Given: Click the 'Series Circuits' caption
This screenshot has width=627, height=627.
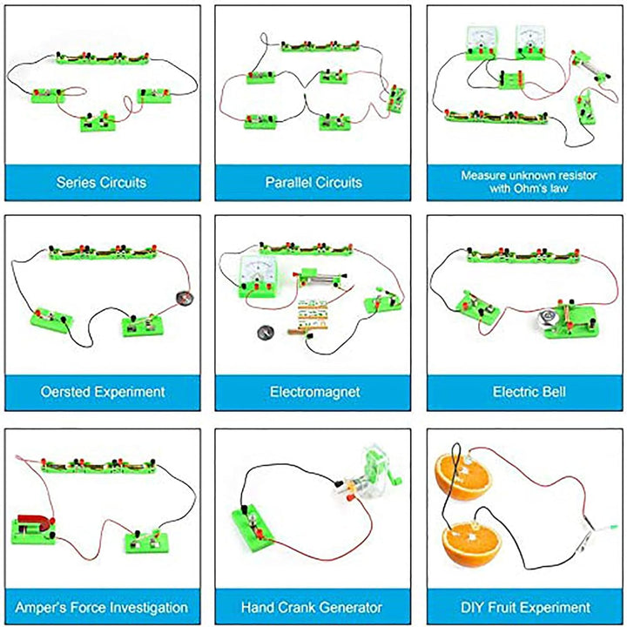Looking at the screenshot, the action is point(101,182).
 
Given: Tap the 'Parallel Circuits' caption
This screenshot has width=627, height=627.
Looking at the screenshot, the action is point(313,182).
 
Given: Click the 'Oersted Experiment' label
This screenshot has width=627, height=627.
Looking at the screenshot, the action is point(103,392).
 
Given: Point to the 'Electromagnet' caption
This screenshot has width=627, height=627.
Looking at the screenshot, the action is point(314,392).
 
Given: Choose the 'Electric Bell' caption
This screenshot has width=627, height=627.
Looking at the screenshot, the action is point(529,392).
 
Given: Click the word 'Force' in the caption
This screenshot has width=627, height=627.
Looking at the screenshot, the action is point(91,608).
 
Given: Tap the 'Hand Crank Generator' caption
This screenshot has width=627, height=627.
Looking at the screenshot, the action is point(312,608).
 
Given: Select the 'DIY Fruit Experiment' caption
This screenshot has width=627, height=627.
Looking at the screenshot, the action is point(525,608).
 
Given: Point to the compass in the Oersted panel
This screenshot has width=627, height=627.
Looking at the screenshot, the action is point(185,298).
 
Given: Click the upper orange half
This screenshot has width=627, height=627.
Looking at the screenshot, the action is point(462,477).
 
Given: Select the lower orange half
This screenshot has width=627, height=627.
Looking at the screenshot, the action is point(471,543).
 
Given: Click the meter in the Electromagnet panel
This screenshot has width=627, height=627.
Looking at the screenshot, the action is point(258,276).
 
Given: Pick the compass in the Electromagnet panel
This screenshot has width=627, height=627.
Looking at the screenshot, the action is point(265,332).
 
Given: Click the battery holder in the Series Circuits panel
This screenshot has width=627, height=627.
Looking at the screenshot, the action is point(103,58).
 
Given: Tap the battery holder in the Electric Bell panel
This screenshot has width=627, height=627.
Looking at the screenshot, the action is point(523,254).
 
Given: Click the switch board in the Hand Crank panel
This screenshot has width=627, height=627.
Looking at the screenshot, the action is point(253,528).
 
